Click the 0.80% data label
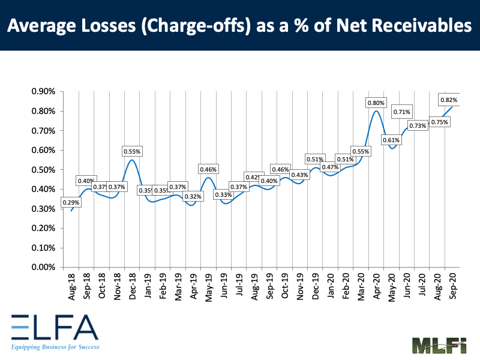[376, 103]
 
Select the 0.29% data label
[71, 203]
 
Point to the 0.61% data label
[392, 140]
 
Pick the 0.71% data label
[401, 112]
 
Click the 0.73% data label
[418, 125]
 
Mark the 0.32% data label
[193, 196]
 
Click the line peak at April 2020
[376, 110]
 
